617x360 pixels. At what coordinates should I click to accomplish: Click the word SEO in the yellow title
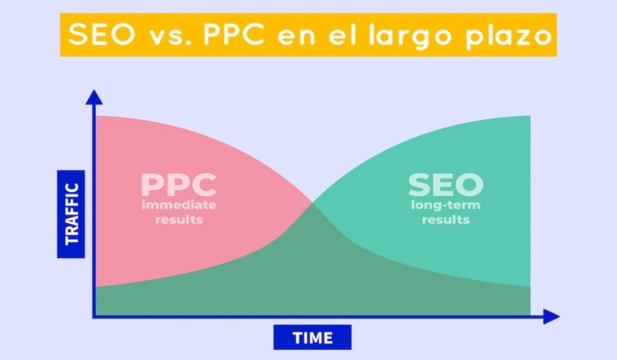click(101, 34)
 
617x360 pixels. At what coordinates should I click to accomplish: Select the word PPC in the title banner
click(234, 34)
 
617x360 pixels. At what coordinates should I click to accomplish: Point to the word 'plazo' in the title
click(509, 37)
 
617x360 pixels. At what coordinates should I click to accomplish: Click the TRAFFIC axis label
click(71, 214)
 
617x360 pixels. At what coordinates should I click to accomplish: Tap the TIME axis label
click(313, 338)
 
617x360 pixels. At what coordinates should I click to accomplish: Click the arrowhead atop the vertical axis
click(94, 97)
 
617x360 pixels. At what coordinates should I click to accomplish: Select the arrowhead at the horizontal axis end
click(552, 316)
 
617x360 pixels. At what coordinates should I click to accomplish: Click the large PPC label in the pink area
click(178, 185)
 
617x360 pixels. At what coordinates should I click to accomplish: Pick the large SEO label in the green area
click(446, 185)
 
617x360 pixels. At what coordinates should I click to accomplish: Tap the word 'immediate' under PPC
click(179, 205)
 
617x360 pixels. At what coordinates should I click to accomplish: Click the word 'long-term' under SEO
click(446, 206)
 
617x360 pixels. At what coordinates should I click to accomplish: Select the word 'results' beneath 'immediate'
click(179, 219)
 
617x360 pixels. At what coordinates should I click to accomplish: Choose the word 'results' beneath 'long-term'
click(446, 219)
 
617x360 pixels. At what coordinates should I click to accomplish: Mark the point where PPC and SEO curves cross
click(313, 203)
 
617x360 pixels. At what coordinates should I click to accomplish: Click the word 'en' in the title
click(296, 37)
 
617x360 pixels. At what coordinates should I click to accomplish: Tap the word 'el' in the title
click(342, 34)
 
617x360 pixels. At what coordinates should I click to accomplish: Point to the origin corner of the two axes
click(94, 316)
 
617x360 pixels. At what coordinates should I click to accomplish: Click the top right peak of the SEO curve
click(530, 116)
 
